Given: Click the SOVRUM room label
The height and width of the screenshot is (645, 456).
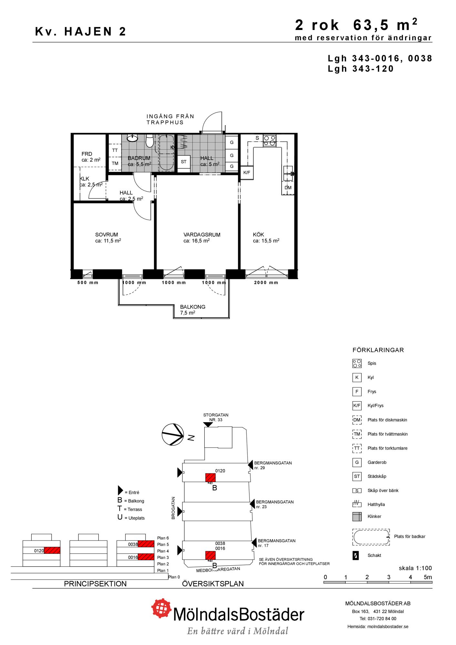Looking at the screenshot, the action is click(x=106, y=235).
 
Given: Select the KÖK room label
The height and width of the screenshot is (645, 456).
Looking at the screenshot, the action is click(x=258, y=235).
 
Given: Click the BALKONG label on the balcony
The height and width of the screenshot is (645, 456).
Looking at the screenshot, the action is click(x=193, y=307).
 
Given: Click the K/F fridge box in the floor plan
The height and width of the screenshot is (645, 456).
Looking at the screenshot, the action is click(x=247, y=173).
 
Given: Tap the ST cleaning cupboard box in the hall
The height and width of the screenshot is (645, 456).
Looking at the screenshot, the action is click(x=184, y=162).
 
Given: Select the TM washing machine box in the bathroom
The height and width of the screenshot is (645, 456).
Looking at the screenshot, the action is click(x=115, y=164).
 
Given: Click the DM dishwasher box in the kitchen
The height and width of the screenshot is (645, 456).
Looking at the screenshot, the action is click(x=288, y=188).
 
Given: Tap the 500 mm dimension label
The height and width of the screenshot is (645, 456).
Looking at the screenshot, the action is click(x=88, y=283).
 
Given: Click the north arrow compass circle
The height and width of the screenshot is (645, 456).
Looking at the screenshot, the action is click(x=173, y=434).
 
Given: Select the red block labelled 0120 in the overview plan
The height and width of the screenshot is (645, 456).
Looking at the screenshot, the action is click(x=210, y=478).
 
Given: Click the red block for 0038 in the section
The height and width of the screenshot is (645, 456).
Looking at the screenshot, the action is click(x=146, y=544).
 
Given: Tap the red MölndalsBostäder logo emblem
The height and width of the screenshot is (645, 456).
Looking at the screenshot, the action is click(x=162, y=608).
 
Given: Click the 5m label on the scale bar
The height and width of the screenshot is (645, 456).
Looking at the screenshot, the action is click(x=428, y=577).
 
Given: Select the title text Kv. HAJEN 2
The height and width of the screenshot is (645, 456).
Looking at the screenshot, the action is click(x=80, y=32).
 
